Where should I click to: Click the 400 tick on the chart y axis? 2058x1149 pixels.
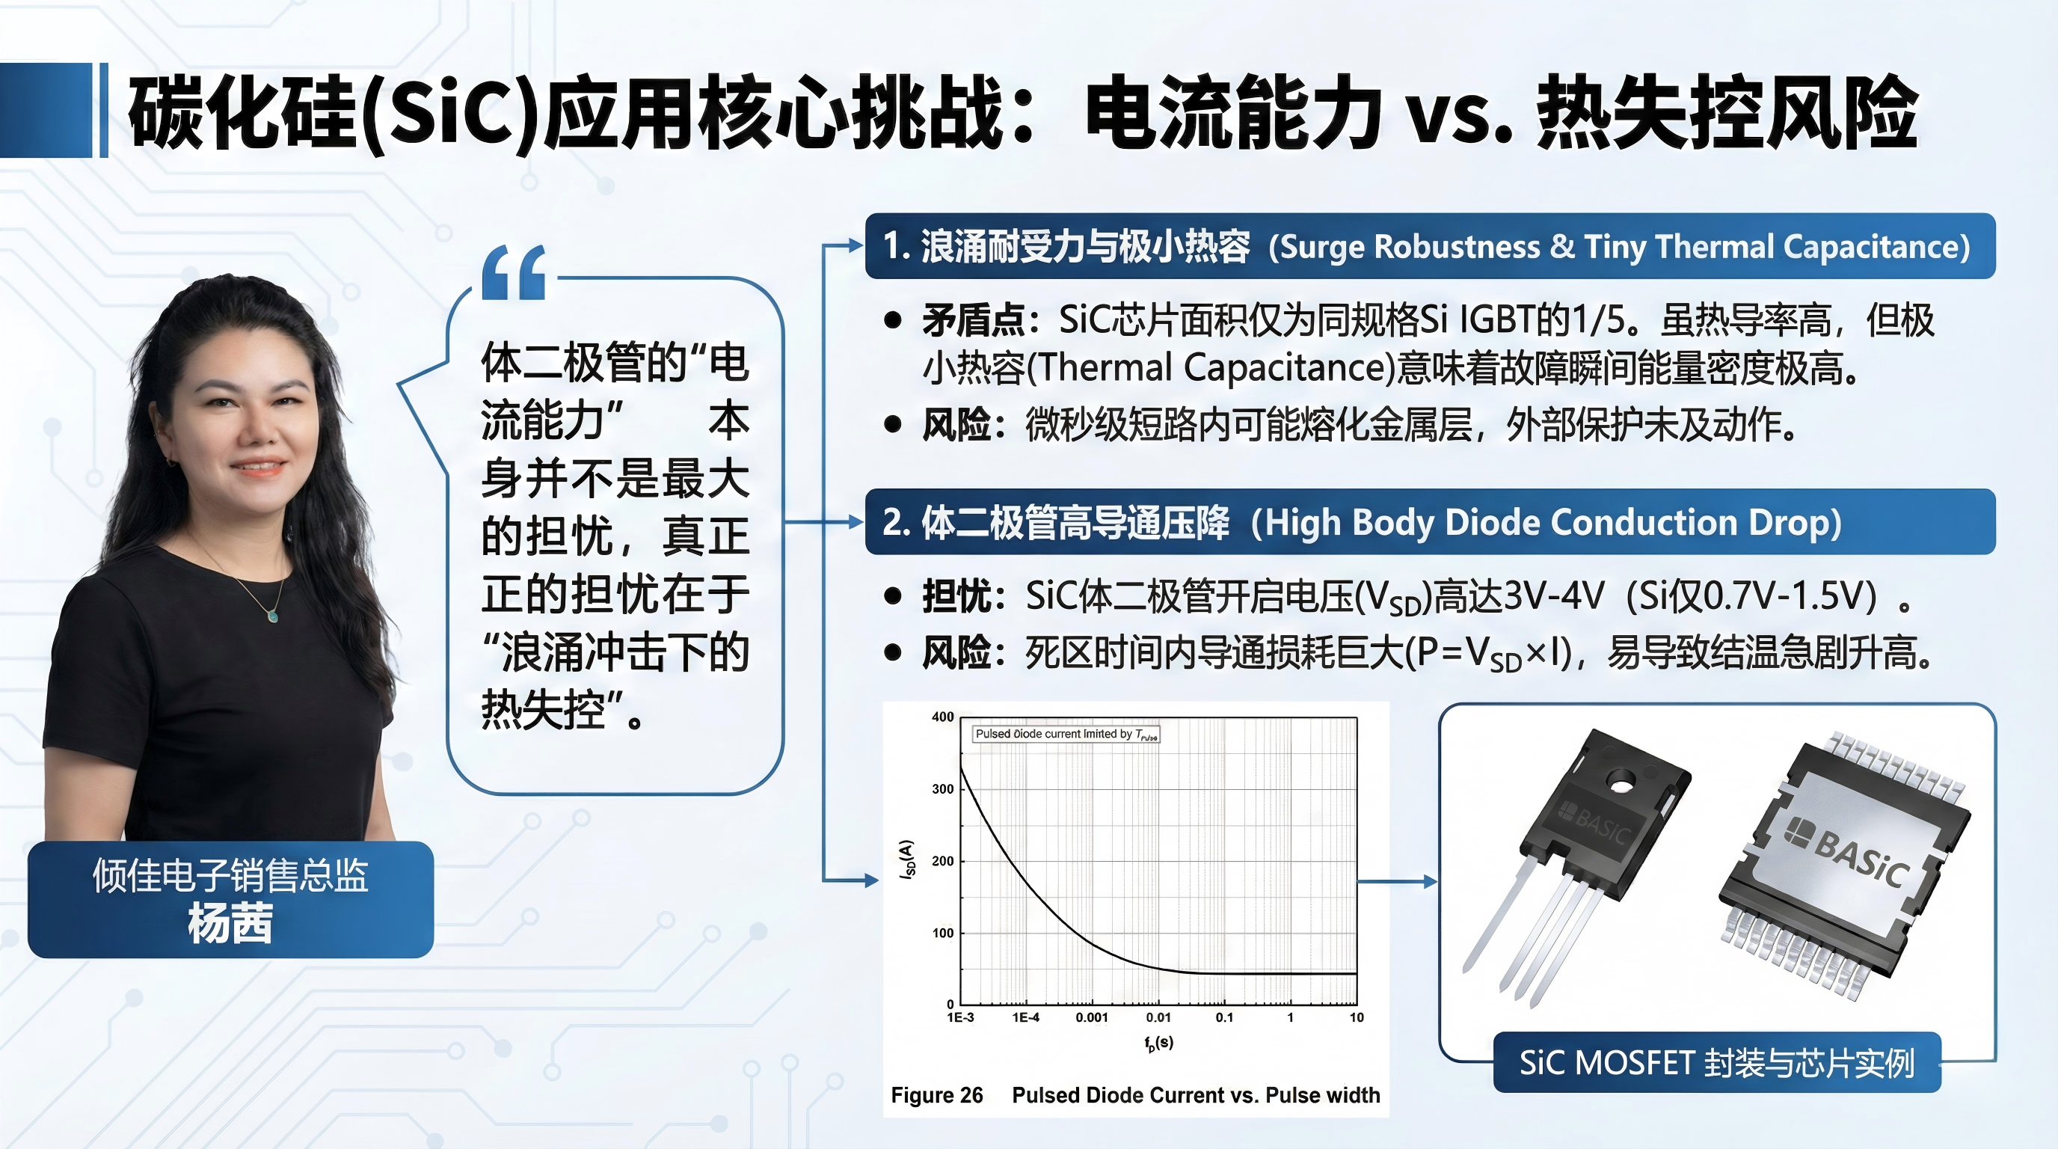[943, 717]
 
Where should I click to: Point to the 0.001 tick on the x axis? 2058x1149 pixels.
[1091, 1017]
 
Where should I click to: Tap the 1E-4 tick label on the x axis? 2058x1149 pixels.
[1026, 1017]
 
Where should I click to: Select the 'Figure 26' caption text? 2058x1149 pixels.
[936, 1094]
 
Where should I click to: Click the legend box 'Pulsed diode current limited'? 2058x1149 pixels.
[1066, 734]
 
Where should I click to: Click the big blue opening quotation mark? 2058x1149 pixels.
[514, 272]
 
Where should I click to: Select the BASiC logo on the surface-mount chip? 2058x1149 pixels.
[1846, 853]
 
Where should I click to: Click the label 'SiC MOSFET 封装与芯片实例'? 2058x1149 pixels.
[1717, 1063]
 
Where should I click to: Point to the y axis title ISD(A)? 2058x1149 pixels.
[906, 860]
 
